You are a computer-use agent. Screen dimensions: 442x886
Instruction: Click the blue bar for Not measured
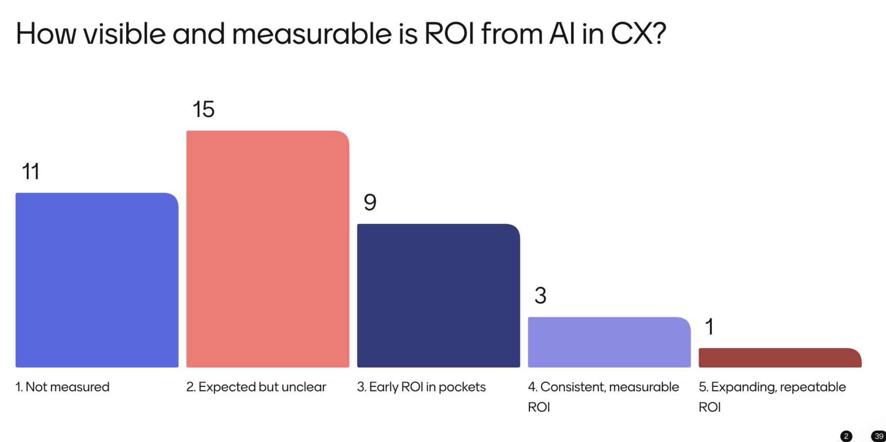(97, 280)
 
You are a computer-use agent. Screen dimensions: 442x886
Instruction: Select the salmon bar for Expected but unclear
(267, 249)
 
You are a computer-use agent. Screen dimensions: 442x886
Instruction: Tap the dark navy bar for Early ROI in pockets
(438, 296)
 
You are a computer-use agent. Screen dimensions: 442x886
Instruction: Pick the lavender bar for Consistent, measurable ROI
(609, 342)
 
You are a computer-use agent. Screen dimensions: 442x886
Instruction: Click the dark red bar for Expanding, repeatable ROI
(780, 358)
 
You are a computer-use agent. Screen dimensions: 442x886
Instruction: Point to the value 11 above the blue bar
(31, 171)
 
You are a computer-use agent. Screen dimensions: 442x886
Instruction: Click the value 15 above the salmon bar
(203, 109)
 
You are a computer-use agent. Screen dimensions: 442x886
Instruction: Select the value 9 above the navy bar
(370, 203)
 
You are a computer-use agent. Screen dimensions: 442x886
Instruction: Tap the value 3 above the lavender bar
(540, 296)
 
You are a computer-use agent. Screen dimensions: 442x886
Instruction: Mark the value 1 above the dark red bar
(710, 327)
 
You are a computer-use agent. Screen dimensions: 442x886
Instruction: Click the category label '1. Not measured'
(62, 387)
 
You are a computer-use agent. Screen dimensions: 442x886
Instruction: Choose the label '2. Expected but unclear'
(256, 387)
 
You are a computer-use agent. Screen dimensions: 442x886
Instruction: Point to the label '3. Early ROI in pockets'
(421, 387)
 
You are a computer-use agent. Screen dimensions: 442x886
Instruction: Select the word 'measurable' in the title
(312, 34)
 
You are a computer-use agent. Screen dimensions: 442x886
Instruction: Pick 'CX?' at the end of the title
(638, 34)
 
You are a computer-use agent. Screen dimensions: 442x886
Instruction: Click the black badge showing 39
(879, 436)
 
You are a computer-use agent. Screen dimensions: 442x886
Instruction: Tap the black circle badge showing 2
(846, 436)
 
